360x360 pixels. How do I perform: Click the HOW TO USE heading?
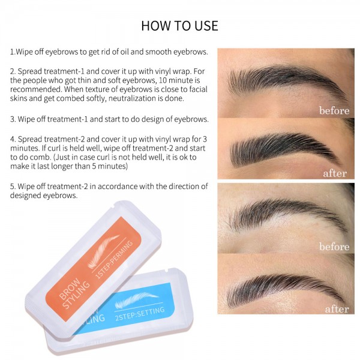179,26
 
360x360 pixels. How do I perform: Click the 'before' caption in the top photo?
334,111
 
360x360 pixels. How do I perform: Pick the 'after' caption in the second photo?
335,173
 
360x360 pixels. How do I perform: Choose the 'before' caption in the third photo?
334,247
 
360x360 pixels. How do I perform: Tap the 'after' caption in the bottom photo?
336,309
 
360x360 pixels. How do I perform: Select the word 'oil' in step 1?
125,52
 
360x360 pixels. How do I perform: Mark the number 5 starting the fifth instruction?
12,186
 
